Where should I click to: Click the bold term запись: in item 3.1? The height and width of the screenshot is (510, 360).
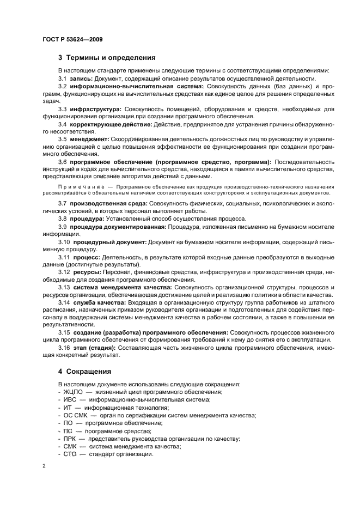click(81, 78)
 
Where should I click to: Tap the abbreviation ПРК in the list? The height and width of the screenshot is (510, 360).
click(69, 439)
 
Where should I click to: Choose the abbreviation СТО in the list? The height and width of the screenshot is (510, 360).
click(69, 454)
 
